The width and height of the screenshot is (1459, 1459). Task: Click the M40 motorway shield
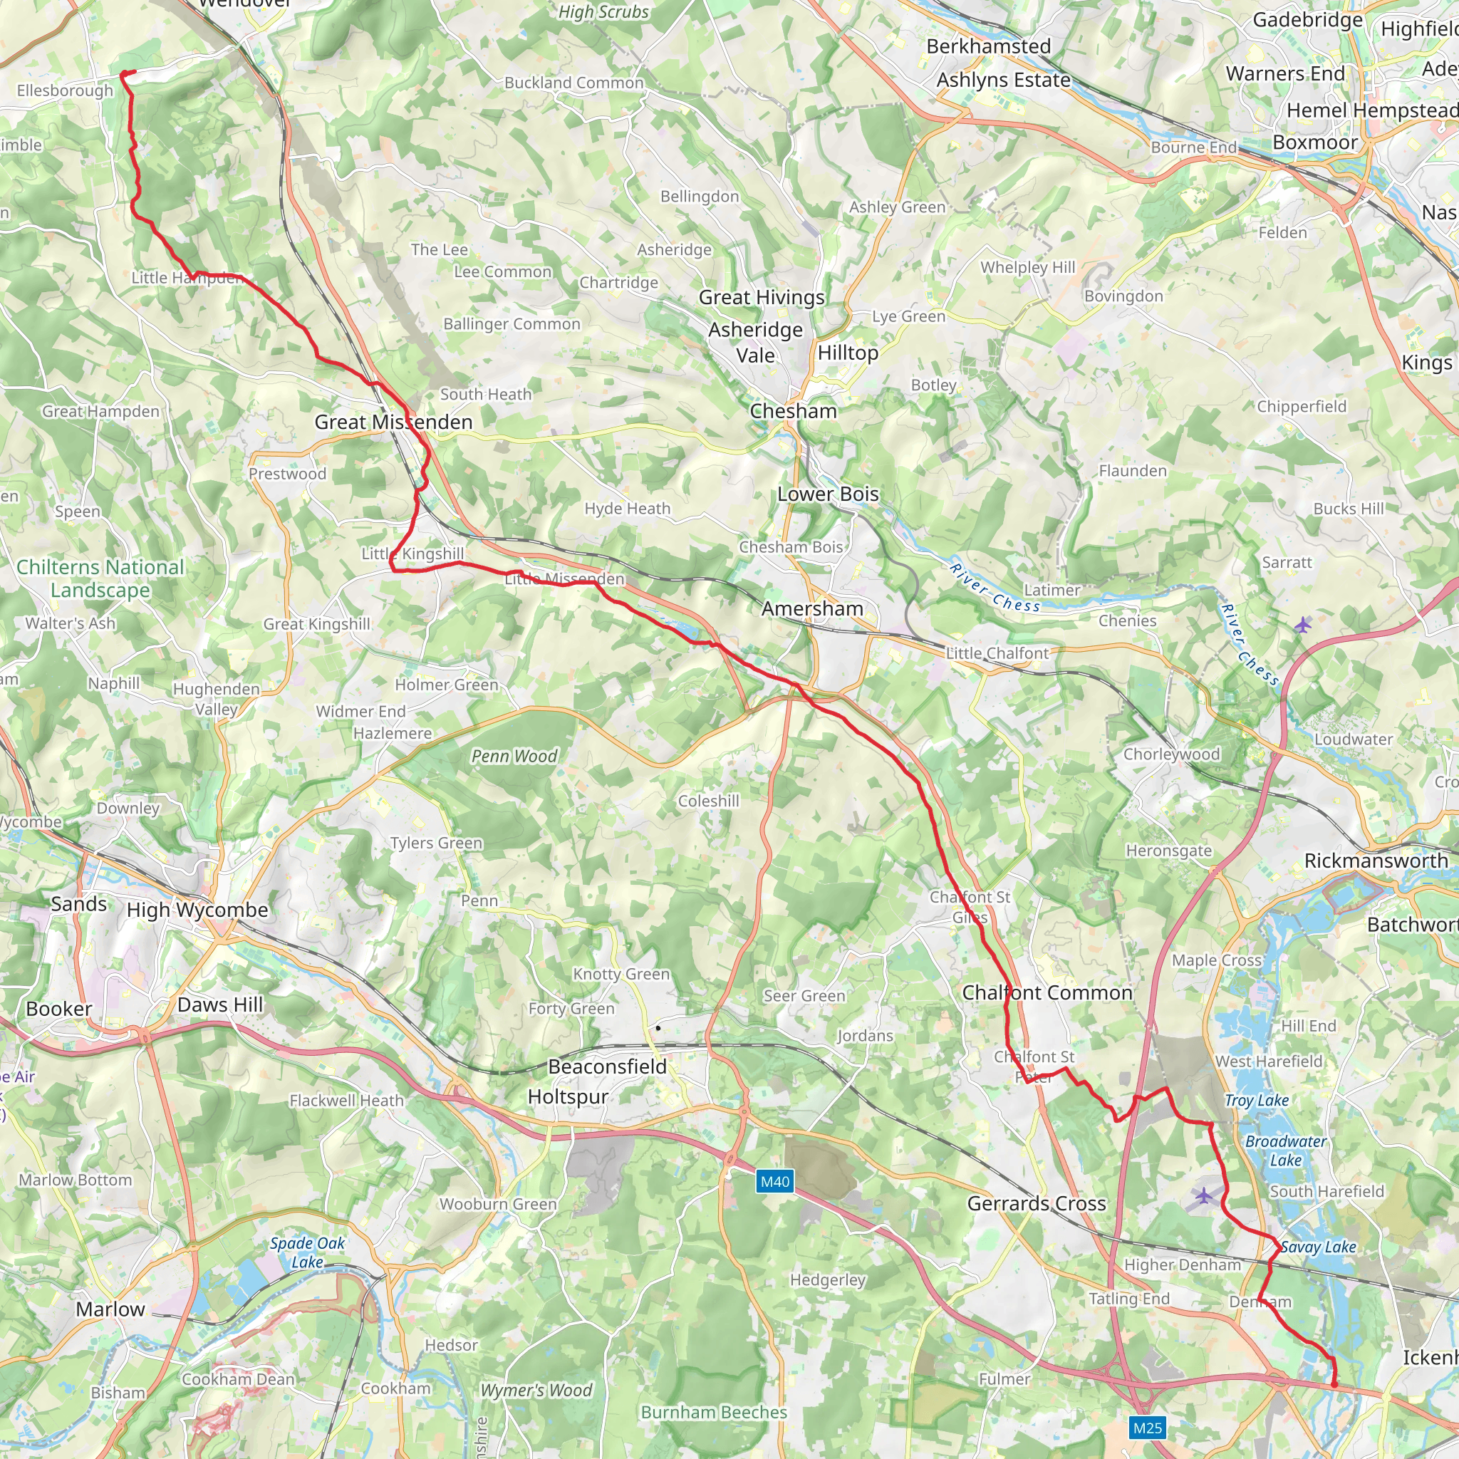(x=775, y=1182)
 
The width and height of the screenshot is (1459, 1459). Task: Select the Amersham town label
(x=812, y=608)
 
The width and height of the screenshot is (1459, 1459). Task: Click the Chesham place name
(x=793, y=412)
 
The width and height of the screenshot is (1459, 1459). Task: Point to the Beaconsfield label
(x=607, y=1066)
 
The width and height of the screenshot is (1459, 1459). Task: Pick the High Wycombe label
(x=197, y=910)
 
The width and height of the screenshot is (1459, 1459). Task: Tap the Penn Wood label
(x=514, y=756)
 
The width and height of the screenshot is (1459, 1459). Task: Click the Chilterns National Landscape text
(x=100, y=578)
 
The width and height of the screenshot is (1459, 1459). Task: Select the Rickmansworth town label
(x=1376, y=861)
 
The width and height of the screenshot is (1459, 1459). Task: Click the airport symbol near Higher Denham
(x=1204, y=1195)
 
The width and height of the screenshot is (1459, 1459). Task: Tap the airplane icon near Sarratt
(x=1303, y=625)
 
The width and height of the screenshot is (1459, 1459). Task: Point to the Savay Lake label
(x=1319, y=1247)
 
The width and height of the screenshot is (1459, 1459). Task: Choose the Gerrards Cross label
(x=1036, y=1204)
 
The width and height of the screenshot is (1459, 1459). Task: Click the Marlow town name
(x=110, y=1309)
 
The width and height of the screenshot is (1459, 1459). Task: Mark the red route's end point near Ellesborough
(x=123, y=73)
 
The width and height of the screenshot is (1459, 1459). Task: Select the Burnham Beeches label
(x=714, y=1412)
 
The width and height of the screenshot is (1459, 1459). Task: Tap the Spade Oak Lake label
(x=307, y=1252)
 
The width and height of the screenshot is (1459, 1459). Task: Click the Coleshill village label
(x=708, y=801)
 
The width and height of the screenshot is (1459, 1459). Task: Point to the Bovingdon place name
(x=1123, y=296)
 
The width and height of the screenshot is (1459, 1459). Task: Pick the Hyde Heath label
(x=627, y=509)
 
